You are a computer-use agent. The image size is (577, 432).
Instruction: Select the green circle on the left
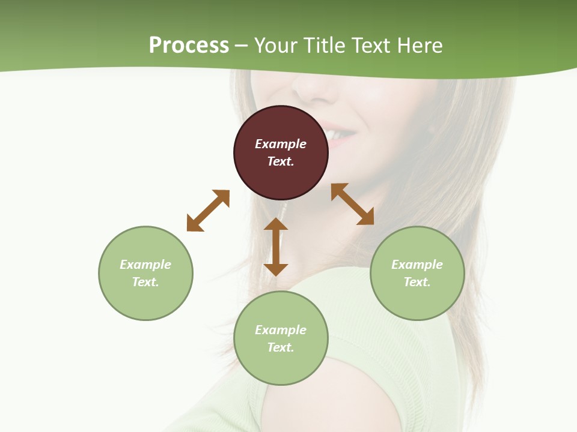tap(145, 273)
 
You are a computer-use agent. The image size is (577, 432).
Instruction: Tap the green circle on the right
tap(417, 273)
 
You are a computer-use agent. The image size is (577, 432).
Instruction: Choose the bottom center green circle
tap(281, 338)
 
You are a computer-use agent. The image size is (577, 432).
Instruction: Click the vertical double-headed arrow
tap(276, 247)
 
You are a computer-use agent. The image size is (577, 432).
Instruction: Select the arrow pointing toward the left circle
tap(208, 211)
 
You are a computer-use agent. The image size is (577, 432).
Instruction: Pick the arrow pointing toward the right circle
tap(352, 204)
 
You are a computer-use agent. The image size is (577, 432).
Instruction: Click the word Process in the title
tap(189, 46)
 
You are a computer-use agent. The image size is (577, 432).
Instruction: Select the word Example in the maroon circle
tap(281, 144)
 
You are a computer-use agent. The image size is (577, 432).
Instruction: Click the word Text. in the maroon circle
tap(281, 161)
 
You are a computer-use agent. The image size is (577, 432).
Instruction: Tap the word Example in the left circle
tap(145, 265)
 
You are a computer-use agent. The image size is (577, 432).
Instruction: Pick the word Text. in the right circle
tap(417, 282)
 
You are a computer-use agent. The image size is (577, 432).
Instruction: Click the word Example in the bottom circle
tap(281, 330)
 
